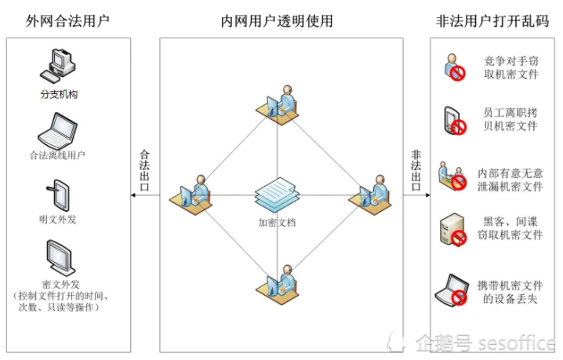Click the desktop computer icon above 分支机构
60,67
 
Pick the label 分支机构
60,94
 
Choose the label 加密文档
277,222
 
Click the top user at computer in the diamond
280,102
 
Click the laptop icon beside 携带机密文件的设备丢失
455,289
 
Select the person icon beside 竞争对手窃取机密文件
454,67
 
